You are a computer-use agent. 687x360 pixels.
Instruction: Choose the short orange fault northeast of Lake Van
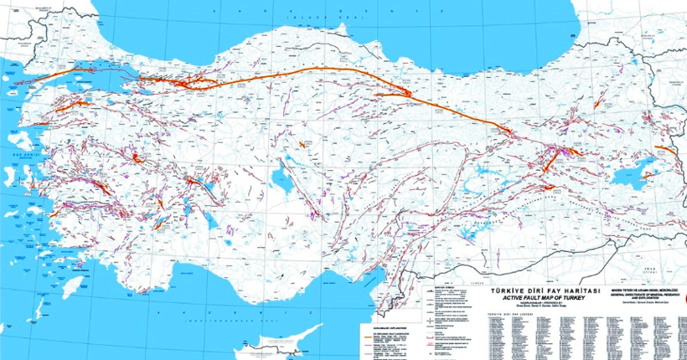point(668,151)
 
